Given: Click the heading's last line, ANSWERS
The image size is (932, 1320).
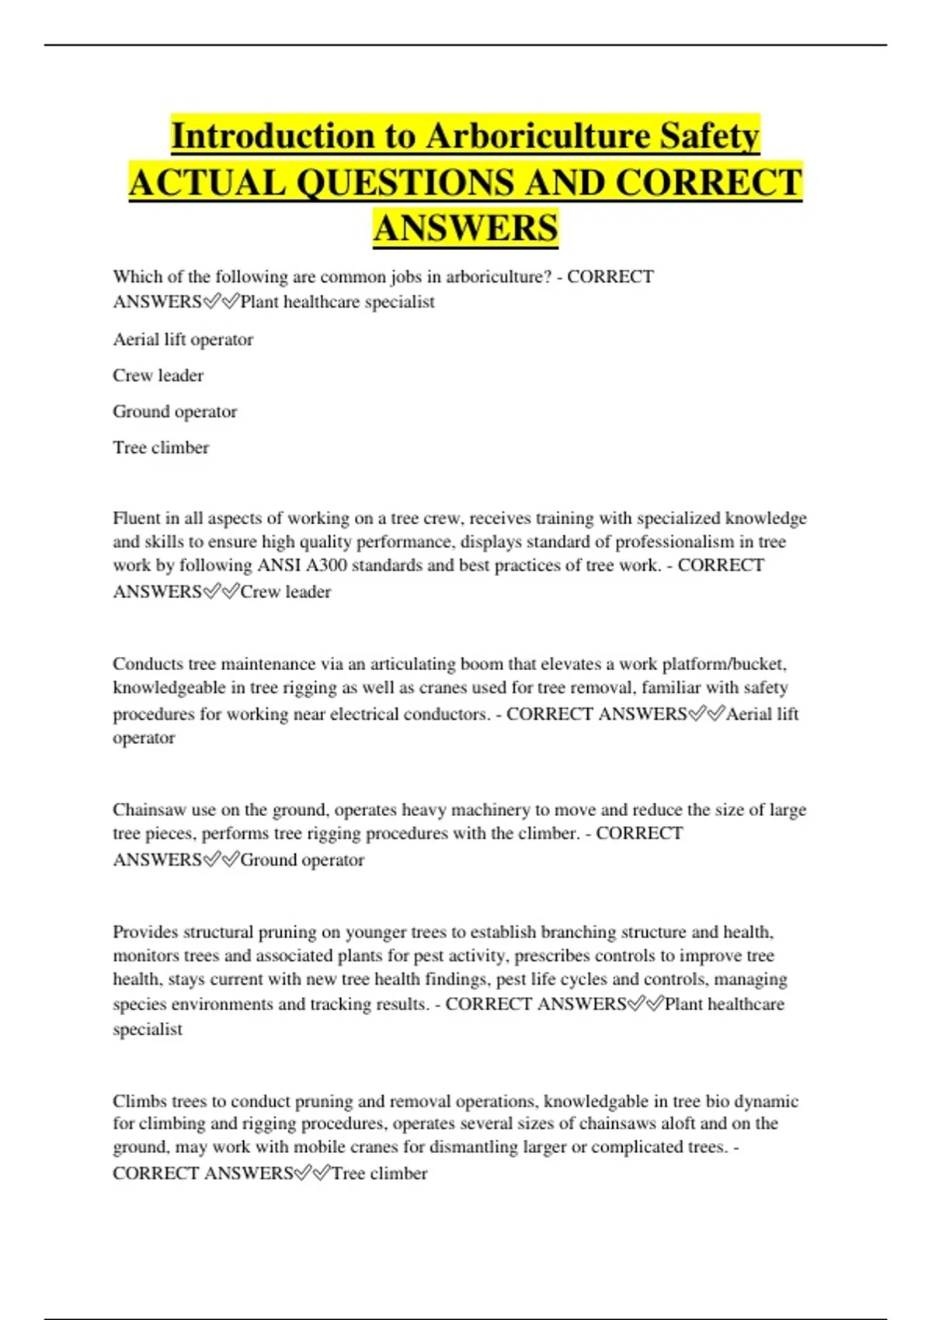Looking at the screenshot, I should tap(465, 228).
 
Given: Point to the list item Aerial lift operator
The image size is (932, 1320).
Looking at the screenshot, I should tap(183, 339).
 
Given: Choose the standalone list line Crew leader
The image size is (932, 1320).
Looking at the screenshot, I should tap(158, 376).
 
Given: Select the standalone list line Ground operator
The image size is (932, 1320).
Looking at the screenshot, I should tap(175, 412).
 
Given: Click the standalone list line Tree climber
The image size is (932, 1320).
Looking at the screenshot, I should tap(161, 448).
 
